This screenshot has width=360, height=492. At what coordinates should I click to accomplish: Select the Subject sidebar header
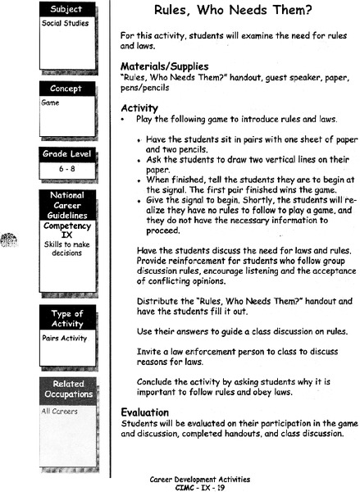66,10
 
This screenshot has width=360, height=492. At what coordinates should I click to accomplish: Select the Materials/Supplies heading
164,66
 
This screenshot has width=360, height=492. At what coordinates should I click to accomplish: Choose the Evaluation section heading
147,412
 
